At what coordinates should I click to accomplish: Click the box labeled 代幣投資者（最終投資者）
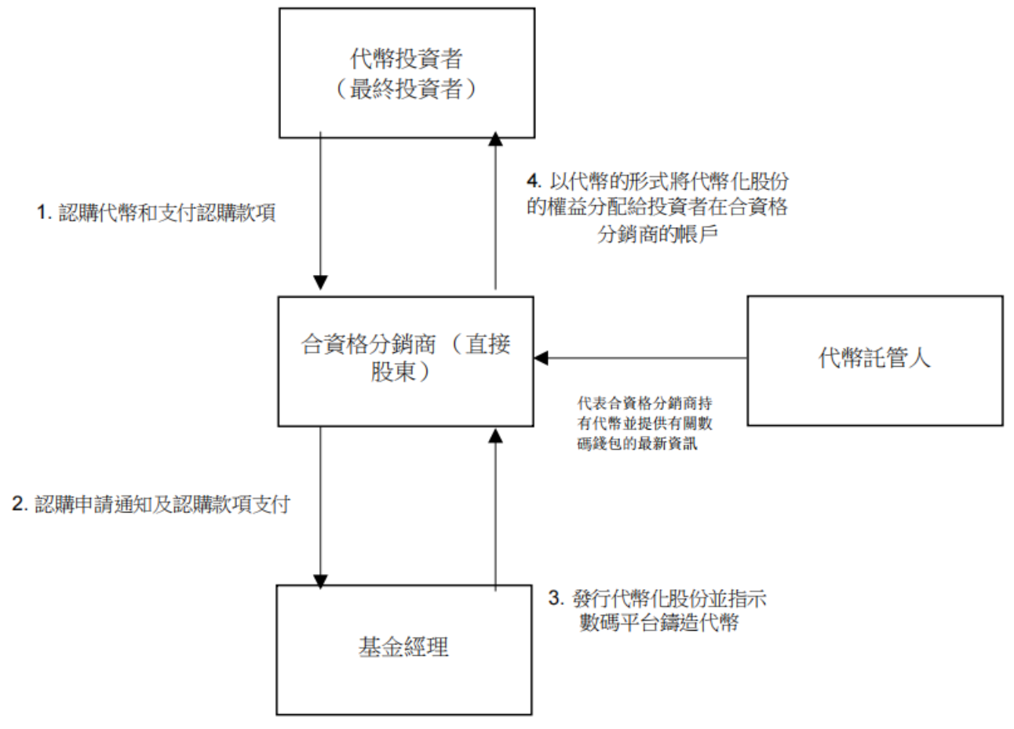click(x=407, y=73)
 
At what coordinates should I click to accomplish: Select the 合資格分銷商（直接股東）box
click(x=407, y=361)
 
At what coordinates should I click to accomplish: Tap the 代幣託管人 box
click(x=874, y=361)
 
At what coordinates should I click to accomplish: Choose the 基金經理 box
click(x=403, y=649)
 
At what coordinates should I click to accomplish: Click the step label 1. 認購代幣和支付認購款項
click(x=157, y=214)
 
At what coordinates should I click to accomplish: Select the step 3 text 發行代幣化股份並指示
click(x=657, y=599)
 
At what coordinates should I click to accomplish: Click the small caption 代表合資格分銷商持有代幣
click(x=644, y=404)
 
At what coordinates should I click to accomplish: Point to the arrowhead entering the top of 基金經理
click(x=320, y=580)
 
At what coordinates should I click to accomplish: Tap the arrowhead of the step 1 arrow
click(x=320, y=283)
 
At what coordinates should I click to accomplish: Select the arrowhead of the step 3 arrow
click(x=494, y=434)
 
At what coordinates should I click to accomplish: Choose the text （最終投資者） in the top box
click(x=407, y=90)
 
